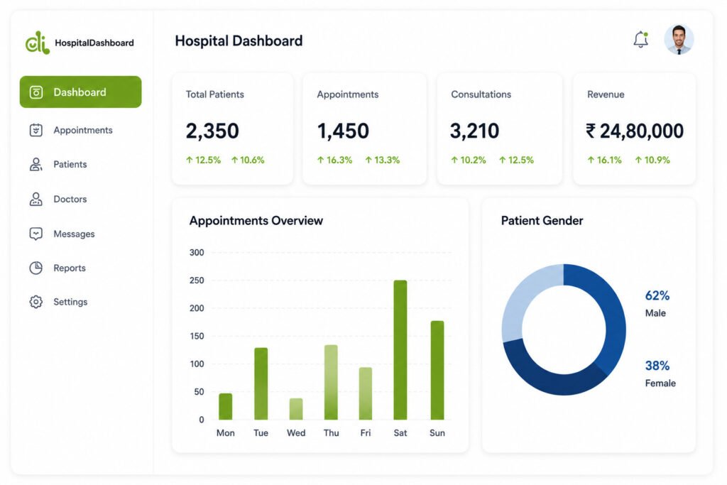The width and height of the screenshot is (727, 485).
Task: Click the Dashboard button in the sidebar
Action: pyautogui.click(x=80, y=92)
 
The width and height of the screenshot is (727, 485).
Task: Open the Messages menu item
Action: pyautogui.click(x=74, y=234)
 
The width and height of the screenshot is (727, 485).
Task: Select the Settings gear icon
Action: pyautogui.click(x=35, y=302)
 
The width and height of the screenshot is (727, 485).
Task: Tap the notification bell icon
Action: pyautogui.click(x=641, y=40)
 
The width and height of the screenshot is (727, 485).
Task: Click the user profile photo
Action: pyautogui.click(x=679, y=40)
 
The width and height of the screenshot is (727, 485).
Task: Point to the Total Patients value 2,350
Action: pyautogui.click(x=212, y=131)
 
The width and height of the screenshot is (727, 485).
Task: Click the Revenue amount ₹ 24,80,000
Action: pyautogui.click(x=634, y=131)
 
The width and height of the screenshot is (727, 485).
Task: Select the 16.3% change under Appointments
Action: pyautogui.click(x=334, y=160)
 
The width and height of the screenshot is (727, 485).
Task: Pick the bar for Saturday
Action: pyautogui.click(x=400, y=350)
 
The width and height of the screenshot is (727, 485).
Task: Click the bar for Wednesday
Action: pyautogui.click(x=296, y=409)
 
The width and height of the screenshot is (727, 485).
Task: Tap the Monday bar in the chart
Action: pyautogui.click(x=225, y=407)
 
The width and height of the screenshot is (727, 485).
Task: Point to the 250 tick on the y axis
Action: pyautogui.click(x=197, y=280)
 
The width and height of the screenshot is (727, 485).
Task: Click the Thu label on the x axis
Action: pyautogui.click(x=331, y=433)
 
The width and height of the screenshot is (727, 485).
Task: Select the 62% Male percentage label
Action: pyautogui.click(x=657, y=295)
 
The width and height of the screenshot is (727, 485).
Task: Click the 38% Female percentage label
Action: pyautogui.click(x=657, y=366)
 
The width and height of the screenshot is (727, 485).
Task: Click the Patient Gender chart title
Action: pyautogui.click(x=542, y=221)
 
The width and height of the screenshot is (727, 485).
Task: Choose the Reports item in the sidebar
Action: pyautogui.click(x=69, y=268)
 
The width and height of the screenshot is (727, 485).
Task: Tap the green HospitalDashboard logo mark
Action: pyautogui.click(x=38, y=43)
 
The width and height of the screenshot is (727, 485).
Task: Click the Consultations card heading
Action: pyautogui.click(x=481, y=94)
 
